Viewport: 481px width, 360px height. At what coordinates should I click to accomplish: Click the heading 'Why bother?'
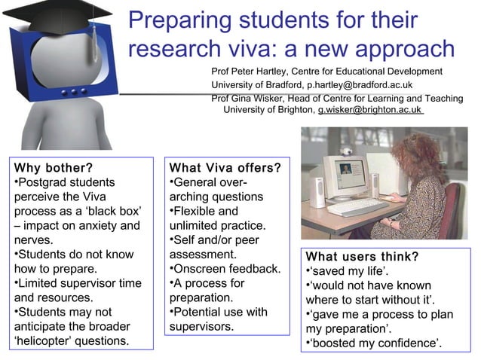53,167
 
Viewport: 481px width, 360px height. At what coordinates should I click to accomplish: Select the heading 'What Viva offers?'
225,167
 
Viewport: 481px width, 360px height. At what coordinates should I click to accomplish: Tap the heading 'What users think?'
362,256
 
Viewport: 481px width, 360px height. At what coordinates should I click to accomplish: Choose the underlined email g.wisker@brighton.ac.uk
369,110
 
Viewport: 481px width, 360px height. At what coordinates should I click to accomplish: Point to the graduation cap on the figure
57,15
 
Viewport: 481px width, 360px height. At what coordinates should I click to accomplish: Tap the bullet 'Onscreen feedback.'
226,269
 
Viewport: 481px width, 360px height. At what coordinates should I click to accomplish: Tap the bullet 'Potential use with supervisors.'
219,319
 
